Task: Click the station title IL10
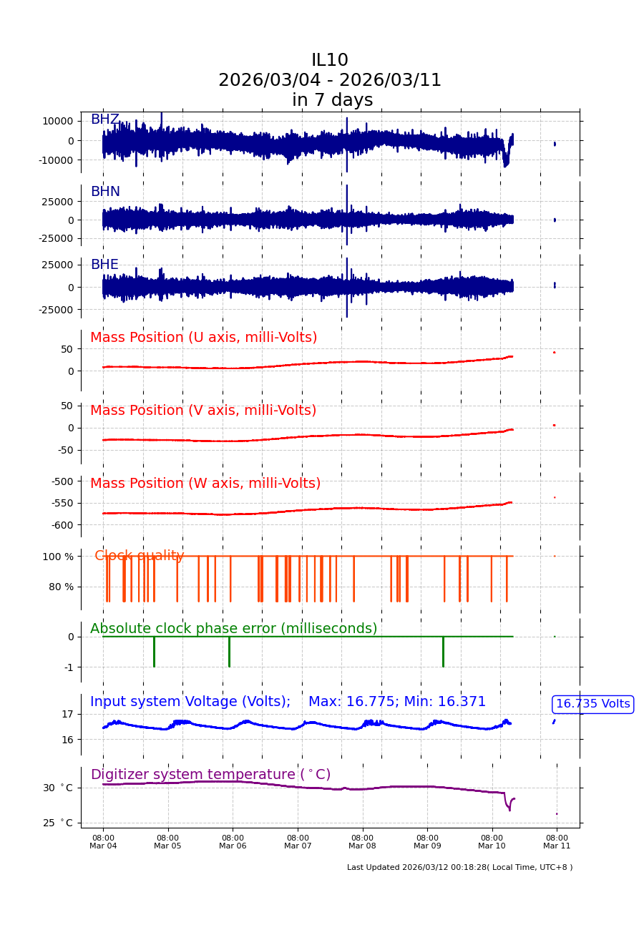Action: click(x=329, y=61)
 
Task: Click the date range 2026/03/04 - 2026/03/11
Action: click(x=329, y=80)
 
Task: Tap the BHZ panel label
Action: click(x=104, y=119)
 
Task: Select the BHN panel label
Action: click(x=104, y=192)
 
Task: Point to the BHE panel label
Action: click(x=104, y=265)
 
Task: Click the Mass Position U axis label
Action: click(x=203, y=338)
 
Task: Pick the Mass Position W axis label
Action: click(x=205, y=484)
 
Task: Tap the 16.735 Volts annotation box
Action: click(x=592, y=704)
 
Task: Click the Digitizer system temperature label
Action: click(x=210, y=775)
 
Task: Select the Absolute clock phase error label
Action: click(x=233, y=629)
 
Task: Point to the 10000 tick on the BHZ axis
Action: click(x=57, y=121)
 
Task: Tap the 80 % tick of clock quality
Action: click(x=61, y=587)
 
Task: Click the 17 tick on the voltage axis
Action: click(x=67, y=714)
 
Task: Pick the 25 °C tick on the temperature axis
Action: click(x=57, y=823)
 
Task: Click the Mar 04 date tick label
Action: click(x=103, y=842)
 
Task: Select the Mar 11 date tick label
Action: click(x=557, y=842)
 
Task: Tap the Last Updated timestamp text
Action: click(x=459, y=867)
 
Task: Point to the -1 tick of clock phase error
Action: click(x=69, y=667)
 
